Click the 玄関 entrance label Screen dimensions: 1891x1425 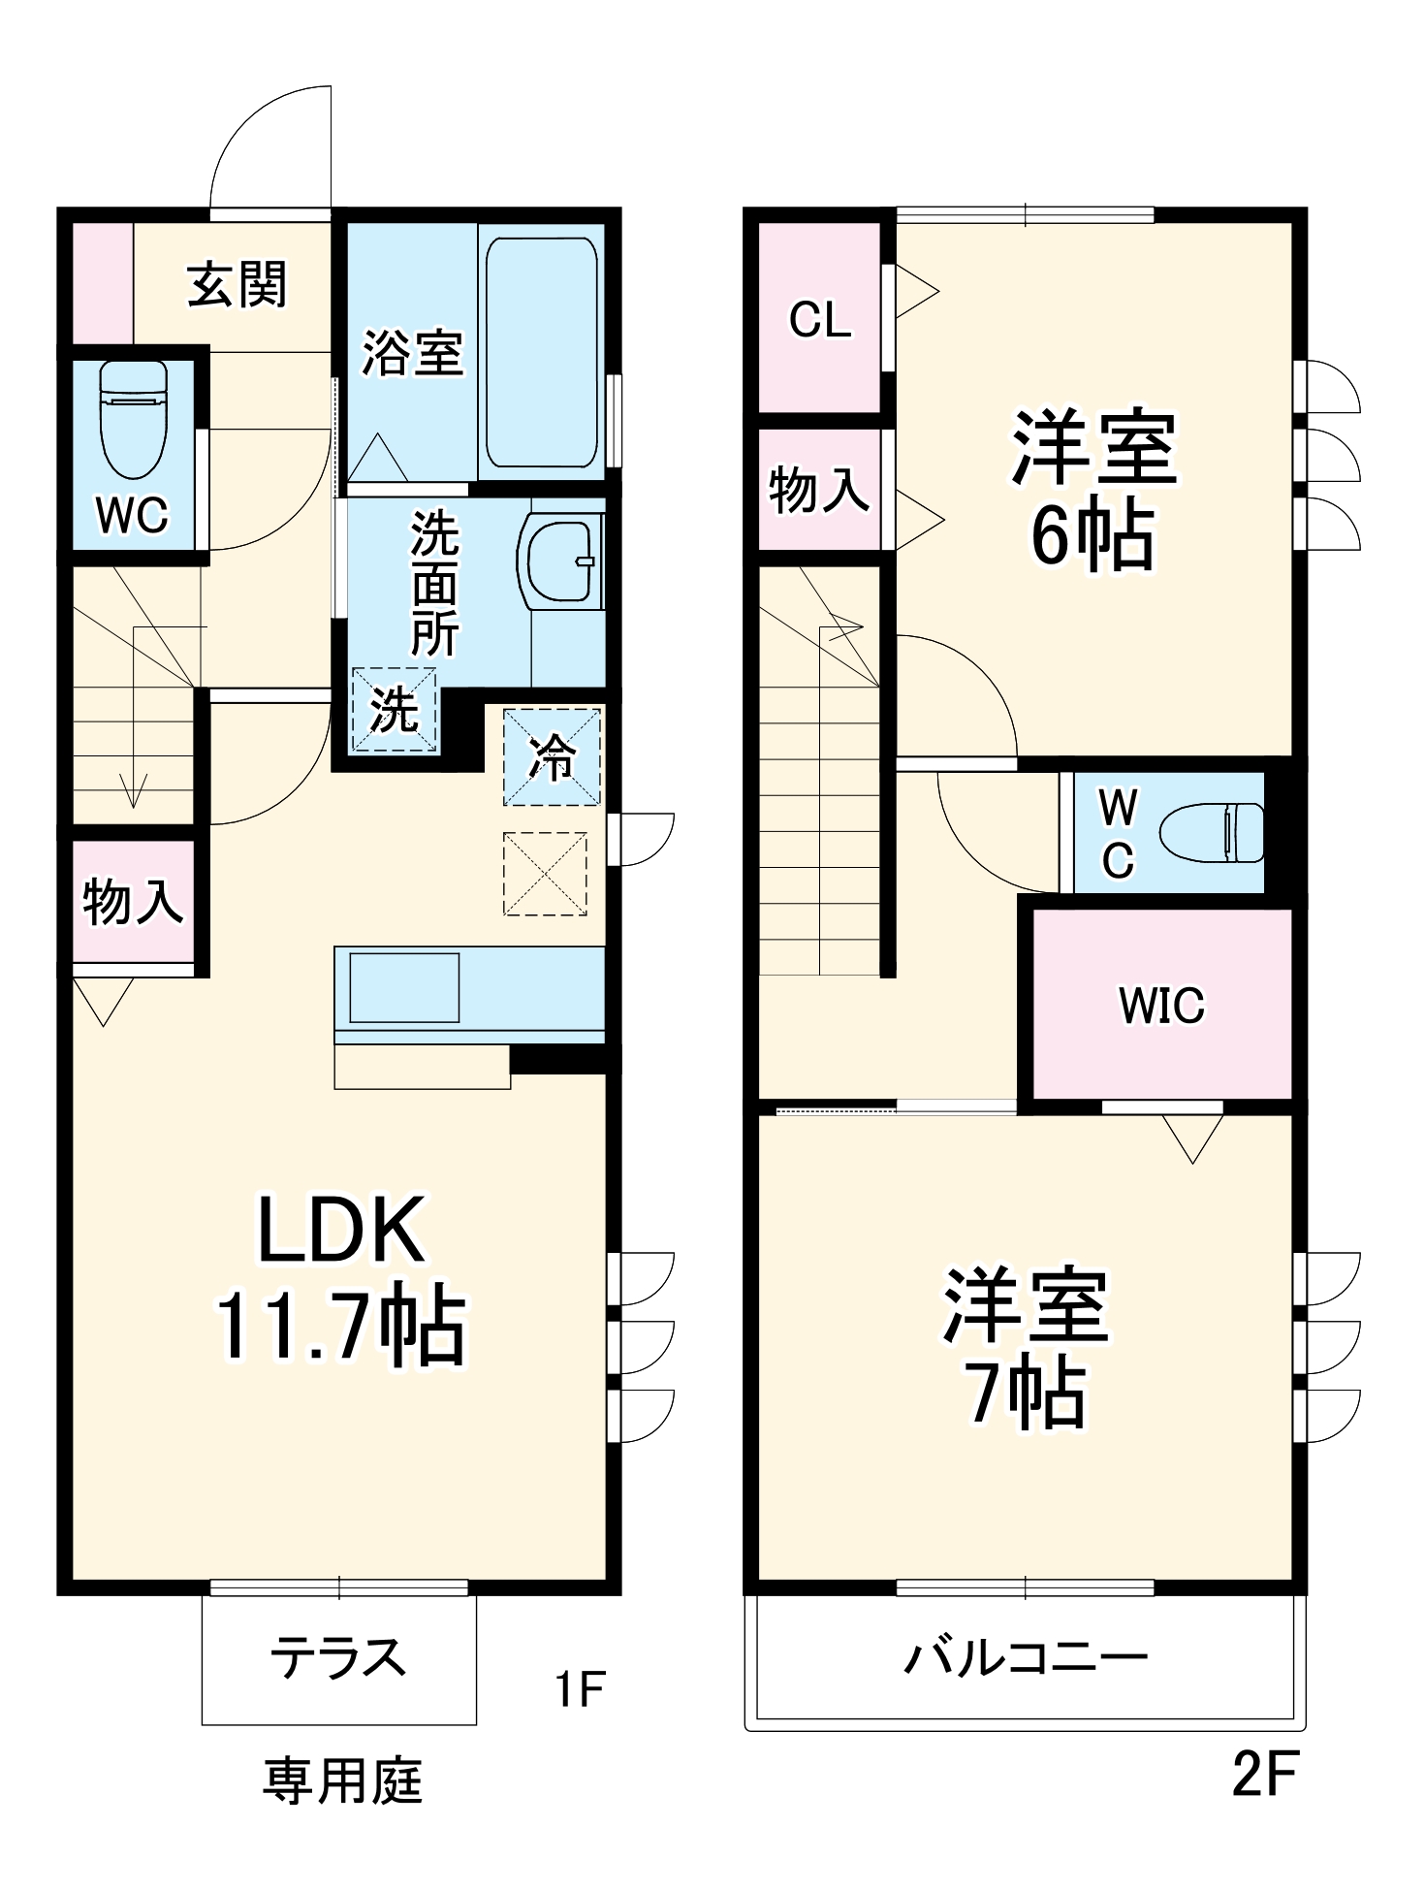click(x=237, y=285)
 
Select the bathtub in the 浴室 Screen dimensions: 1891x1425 click(x=541, y=352)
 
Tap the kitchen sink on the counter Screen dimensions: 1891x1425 click(x=403, y=987)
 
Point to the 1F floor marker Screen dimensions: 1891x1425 click(x=580, y=1688)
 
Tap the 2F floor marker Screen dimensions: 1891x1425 click(x=1264, y=1773)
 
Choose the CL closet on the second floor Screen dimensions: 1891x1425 click(x=820, y=319)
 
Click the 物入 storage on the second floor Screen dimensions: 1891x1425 click(x=819, y=490)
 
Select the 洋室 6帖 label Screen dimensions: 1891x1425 click(x=1093, y=490)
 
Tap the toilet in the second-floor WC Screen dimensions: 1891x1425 click(x=1212, y=832)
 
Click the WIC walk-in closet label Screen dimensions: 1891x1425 click(x=1161, y=1005)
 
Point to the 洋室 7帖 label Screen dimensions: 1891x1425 click(x=1027, y=1348)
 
